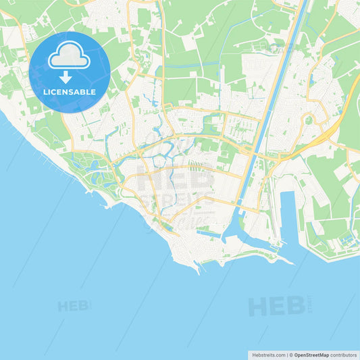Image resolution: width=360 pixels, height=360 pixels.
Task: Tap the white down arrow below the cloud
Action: (66, 76)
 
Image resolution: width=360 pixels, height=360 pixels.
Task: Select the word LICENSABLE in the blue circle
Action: (70, 91)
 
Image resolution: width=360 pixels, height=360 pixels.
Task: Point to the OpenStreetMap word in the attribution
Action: (311, 355)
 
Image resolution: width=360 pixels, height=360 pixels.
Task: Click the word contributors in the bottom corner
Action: (343, 355)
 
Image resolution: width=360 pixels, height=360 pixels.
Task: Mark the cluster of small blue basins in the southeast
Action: (346, 239)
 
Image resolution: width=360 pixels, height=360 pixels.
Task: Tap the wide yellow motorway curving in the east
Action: (324, 135)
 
